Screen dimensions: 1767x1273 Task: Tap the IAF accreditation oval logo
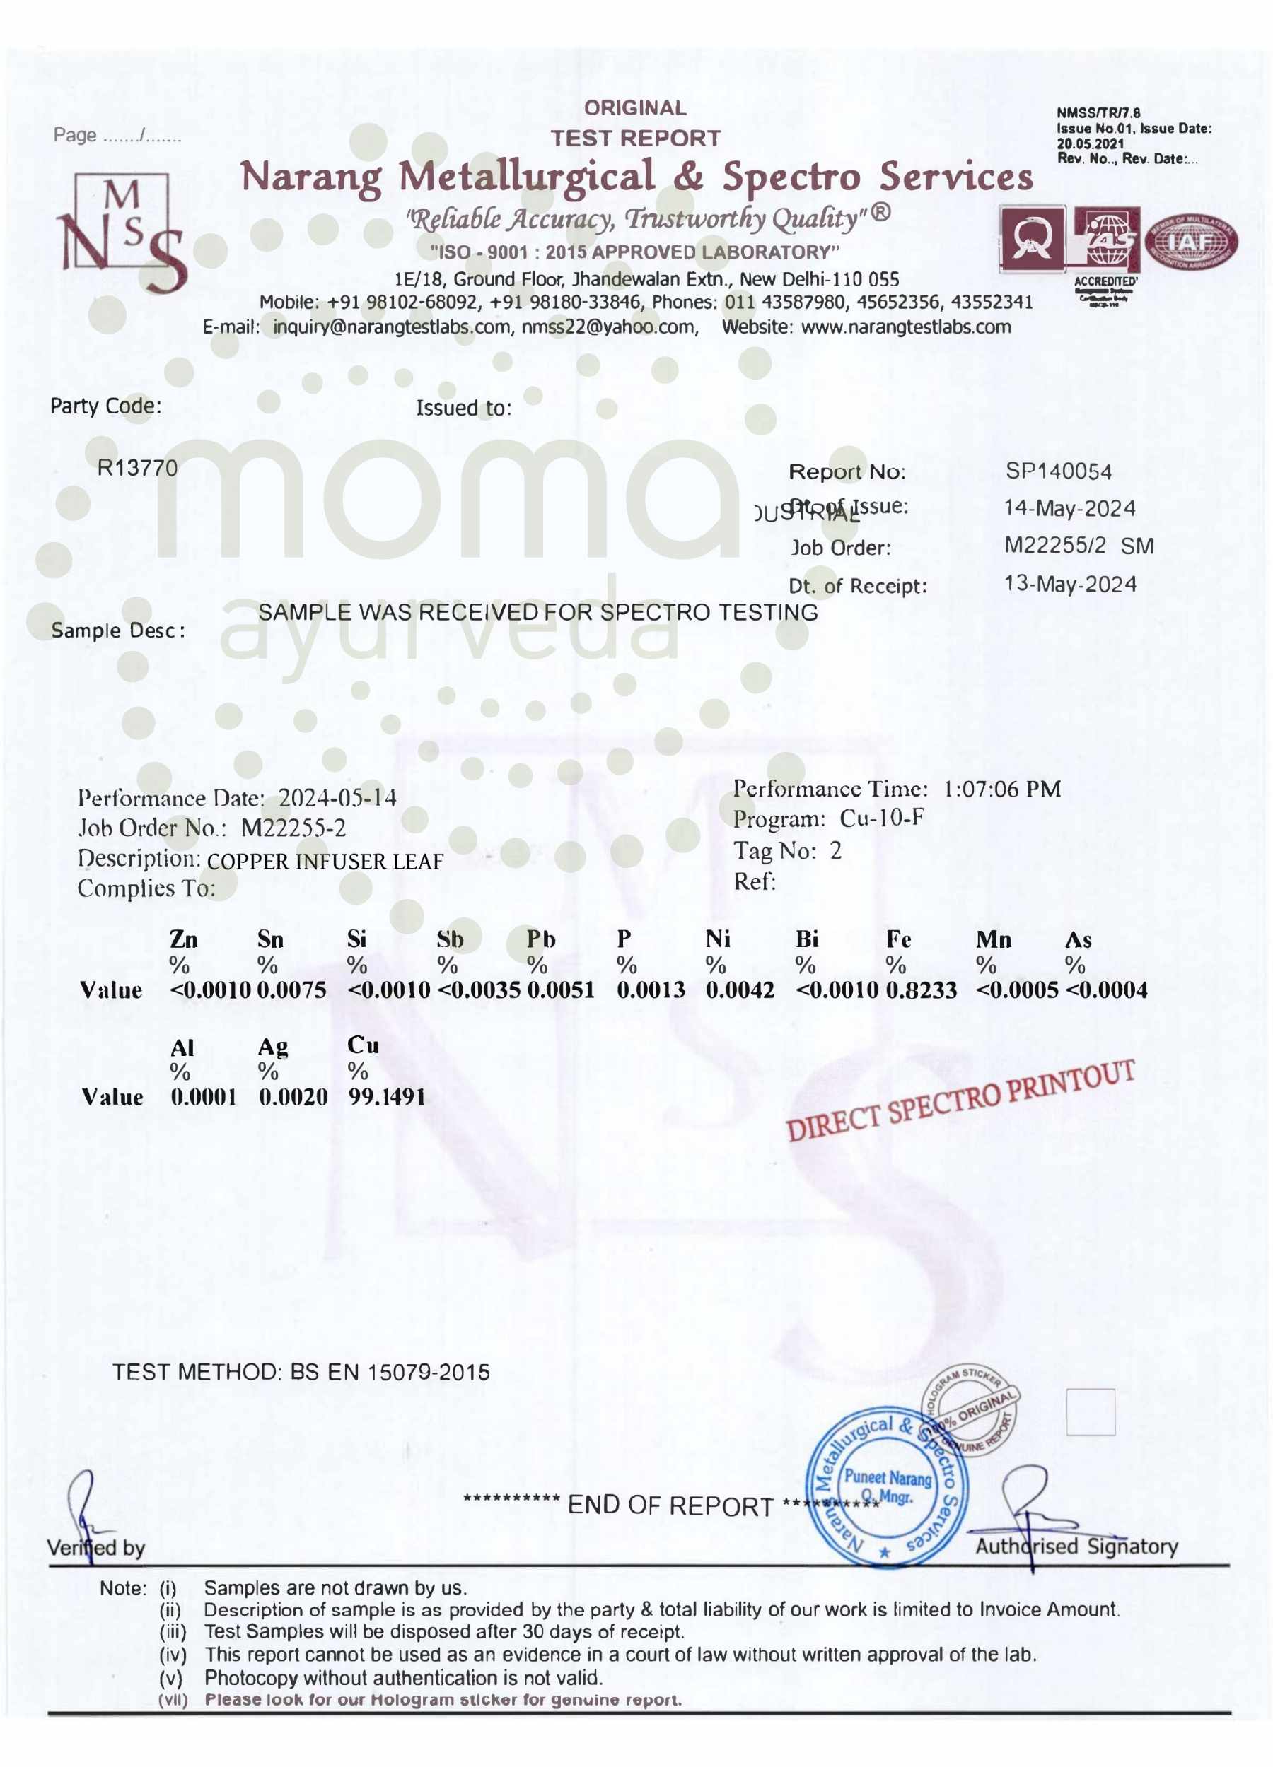pos(1190,243)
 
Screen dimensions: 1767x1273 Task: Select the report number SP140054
pos(1058,471)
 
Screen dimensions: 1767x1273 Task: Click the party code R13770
pos(137,467)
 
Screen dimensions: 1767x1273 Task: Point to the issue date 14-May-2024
pos(1069,508)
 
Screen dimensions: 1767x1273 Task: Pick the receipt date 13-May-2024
pos(1069,585)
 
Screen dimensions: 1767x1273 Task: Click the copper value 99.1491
pos(387,1097)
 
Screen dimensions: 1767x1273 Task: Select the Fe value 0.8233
pos(921,990)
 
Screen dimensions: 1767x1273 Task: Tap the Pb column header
pos(540,939)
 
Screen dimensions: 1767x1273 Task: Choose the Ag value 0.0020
pos(293,1097)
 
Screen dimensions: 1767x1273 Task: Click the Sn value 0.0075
pos(291,990)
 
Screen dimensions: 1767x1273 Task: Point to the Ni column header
pos(717,939)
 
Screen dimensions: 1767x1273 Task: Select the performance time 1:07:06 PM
pos(1001,789)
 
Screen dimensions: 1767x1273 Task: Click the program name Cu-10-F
pos(882,819)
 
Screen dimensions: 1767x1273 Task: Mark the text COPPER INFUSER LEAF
pos(325,862)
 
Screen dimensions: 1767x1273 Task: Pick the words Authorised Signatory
pos(1076,1546)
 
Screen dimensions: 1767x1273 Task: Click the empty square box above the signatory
pos(1090,1411)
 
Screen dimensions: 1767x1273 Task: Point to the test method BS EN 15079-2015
pos(390,1372)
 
